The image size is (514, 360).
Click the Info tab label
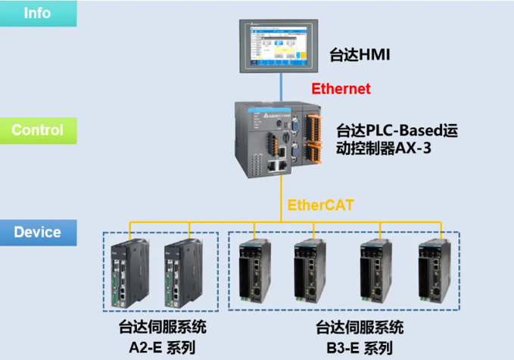click(x=38, y=14)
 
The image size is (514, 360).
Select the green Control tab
click(x=38, y=129)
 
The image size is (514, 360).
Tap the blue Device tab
click(x=38, y=231)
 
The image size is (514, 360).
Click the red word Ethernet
click(x=341, y=88)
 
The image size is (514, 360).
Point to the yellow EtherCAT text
click(x=320, y=204)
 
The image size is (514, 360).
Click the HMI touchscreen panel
click(x=280, y=47)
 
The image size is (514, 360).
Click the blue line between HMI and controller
click(x=281, y=86)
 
